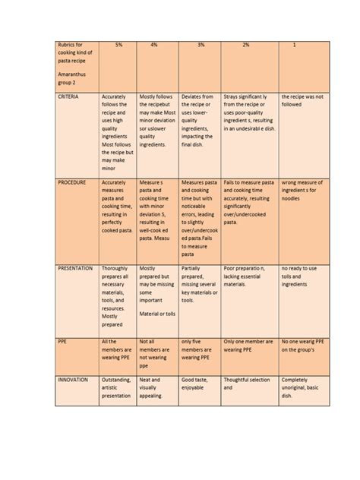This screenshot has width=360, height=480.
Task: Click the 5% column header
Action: pyautogui.click(x=118, y=46)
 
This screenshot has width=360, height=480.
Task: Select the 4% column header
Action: pyautogui.click(x=154, y=46)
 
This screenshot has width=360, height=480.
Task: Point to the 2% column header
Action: pyautogui.click(x=246, y=46)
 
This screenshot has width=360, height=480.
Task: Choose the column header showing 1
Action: pyautogui.click(x=294, y=46)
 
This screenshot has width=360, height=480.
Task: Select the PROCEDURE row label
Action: pyautogui.click(x=72, y=183)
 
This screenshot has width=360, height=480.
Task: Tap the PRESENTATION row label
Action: pyautogui.click(x=75, y=268)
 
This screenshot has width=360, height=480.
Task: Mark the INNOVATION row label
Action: pyautogui.click(x=73, y=379)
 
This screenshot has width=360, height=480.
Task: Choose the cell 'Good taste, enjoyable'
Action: pyautogui.click(x=197, y=384)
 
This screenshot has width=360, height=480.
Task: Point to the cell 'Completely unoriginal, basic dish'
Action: pyautogui.click(x=302, y=388)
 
